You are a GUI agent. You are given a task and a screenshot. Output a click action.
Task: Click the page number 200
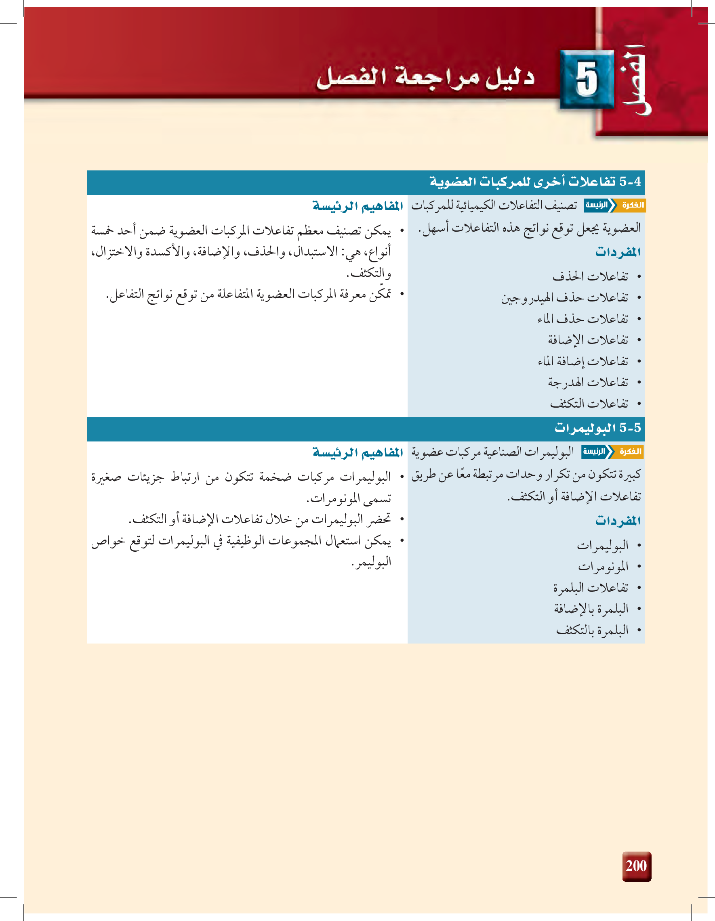636,866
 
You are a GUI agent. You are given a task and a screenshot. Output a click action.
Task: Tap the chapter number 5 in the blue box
587,79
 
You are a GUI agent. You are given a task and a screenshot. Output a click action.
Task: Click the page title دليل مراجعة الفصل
425,77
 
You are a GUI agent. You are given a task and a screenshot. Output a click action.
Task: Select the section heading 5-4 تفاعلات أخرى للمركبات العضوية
535,182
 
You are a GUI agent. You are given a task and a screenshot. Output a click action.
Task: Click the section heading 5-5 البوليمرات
597,428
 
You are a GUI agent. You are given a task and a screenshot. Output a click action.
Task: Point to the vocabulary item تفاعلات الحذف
590,276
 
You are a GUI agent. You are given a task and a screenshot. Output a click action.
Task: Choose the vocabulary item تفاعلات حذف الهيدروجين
564,298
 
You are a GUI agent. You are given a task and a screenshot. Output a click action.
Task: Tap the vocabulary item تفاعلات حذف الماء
583,319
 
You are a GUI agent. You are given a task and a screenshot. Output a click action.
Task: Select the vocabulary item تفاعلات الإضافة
587,340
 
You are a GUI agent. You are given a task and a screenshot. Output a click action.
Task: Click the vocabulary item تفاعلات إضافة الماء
583,361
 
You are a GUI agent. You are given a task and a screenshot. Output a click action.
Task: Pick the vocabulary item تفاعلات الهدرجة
587,382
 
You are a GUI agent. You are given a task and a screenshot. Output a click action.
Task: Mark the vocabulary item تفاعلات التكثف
589,404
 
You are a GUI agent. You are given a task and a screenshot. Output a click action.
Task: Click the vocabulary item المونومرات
603,566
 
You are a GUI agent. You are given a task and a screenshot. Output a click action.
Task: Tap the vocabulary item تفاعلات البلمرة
591,588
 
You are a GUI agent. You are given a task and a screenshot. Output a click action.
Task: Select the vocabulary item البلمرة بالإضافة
591,609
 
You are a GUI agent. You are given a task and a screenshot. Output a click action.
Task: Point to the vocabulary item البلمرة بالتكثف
592,630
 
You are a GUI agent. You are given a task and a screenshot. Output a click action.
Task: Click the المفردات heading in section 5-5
618,521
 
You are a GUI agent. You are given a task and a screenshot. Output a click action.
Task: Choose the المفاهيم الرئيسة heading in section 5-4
357,206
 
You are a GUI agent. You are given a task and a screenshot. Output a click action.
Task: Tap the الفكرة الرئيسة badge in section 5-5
612,452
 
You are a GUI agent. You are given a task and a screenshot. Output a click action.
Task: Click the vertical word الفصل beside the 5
636,80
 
